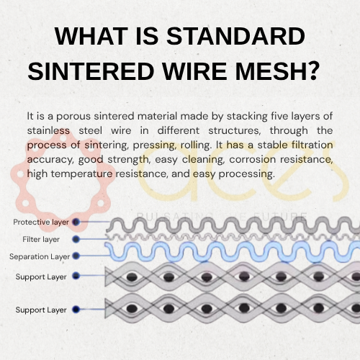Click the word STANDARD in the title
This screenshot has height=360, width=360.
[x=235, y=36]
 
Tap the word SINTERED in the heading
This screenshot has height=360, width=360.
[x=91, y=71]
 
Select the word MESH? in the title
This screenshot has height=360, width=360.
[x=277, y=71]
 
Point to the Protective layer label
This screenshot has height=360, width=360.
[x=41, y=222]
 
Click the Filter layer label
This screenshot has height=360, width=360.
[x=41, y=240]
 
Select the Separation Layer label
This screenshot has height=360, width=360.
[x=40, y=257]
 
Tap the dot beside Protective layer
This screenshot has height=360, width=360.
[x=76, y=222]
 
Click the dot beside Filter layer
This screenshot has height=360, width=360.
[x=76, y=239]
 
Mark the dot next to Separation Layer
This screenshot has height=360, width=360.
[x=76, y=256]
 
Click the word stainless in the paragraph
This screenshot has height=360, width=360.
[x=48, y=130]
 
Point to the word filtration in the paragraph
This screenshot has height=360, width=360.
[x=312, y=145]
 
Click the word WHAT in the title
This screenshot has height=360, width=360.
[x=91, y=36]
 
